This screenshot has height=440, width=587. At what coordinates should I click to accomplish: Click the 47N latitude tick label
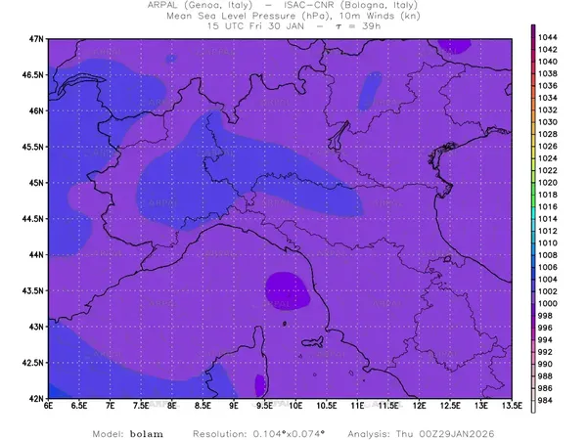[x=36, y=38]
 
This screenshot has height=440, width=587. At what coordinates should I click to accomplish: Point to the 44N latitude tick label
[x=36, y=254]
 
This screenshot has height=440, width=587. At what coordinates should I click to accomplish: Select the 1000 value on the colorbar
[x=548, y=304]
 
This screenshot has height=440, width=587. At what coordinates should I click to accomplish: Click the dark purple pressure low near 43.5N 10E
[x=285, y=289]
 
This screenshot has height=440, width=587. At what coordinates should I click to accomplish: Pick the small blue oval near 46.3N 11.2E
[x=370, y=89]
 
